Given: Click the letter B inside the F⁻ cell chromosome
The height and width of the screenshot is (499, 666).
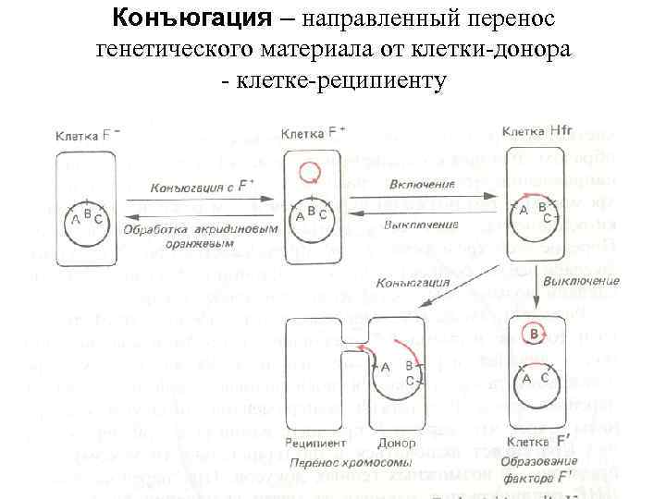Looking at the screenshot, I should tap(87, 212).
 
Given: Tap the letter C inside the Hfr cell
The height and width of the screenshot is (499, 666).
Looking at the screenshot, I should tap(547, 217).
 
